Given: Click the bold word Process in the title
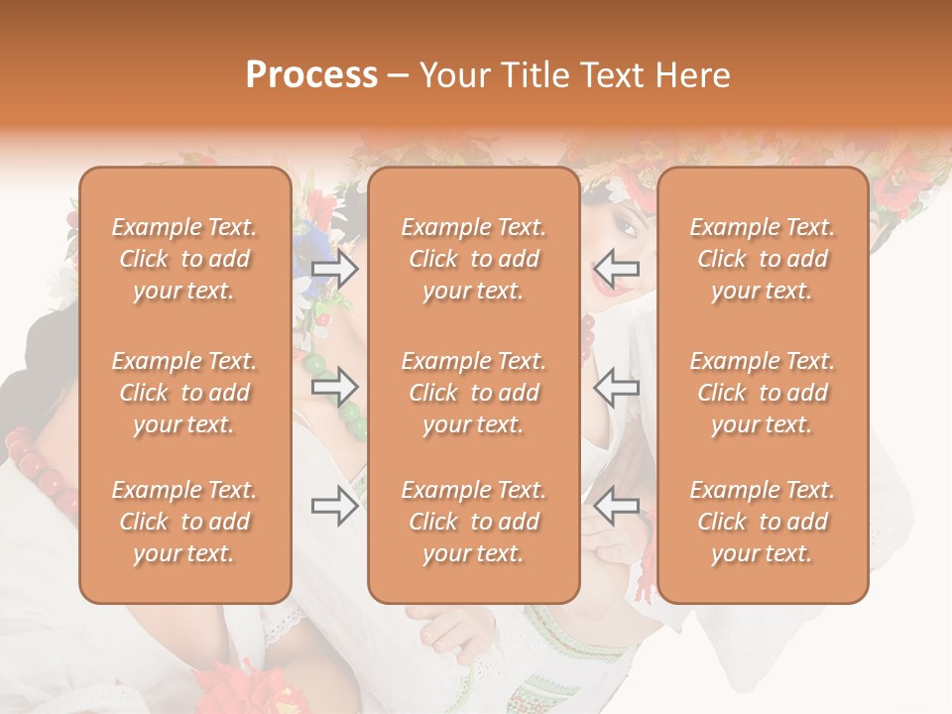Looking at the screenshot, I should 311,75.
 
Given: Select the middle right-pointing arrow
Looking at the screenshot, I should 334,387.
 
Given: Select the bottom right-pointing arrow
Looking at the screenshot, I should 334,506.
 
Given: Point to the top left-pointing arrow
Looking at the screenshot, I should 616,268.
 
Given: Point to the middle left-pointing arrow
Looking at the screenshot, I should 616,387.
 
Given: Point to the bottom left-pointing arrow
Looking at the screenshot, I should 616,506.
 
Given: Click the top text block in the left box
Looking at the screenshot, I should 184,259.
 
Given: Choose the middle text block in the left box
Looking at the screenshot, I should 184,393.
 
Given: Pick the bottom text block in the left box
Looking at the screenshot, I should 184,522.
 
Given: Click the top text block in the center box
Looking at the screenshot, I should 473,259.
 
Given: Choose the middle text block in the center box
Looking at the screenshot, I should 473,393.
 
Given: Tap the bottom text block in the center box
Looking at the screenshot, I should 473,522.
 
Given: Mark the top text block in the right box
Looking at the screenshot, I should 762,259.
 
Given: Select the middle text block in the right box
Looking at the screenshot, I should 762,393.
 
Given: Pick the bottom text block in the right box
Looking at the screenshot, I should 762,522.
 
